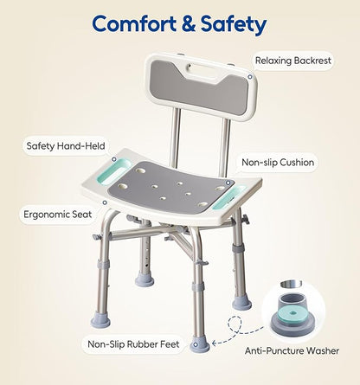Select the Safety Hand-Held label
pos(67,147)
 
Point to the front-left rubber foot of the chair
pos(100,320)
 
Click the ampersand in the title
pos(188,23)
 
